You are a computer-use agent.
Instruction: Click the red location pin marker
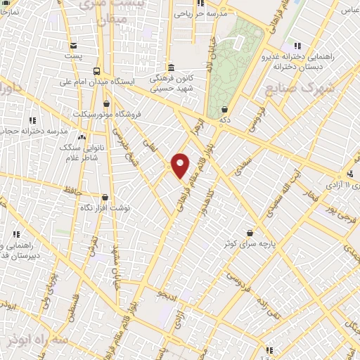tap(181, 165)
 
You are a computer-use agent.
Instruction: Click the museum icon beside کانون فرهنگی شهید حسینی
tap(172, 67)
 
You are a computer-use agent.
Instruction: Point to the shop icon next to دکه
tap(224, 110)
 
